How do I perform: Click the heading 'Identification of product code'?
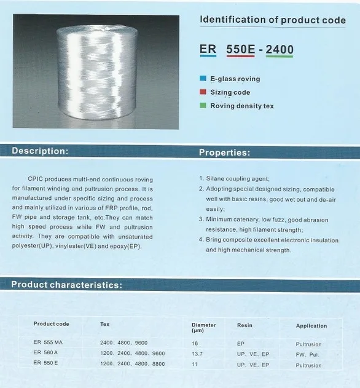pos(273,20)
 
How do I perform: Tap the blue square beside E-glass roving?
pos(203,79)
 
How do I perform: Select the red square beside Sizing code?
pos(203,92)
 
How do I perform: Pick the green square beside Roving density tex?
pos(203,106)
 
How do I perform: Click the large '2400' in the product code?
pos(280,49)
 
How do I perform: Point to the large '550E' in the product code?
pos(241,49)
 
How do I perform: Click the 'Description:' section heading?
pos(40,151)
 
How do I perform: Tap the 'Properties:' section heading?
pos(224,152)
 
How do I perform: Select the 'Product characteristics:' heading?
pos(67,285)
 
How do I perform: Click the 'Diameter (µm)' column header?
pos(204,327)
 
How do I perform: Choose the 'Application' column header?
pos(311,325)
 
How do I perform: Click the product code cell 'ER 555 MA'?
pos(50,342)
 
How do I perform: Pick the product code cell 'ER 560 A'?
pos(47,354)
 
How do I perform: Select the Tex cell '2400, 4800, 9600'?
pos(123,342)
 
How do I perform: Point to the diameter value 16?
pos(195,343)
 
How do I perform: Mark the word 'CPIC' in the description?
pos(36,178)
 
